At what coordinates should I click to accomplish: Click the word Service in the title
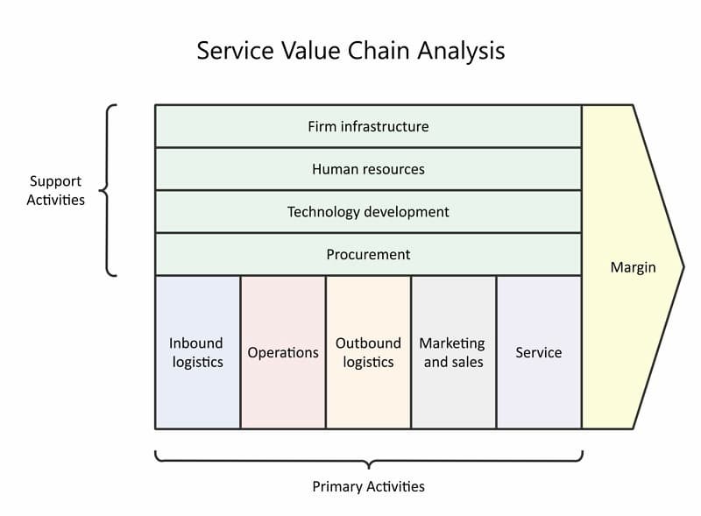[x=235, y=50]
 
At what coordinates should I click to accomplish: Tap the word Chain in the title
[x=379, y=50]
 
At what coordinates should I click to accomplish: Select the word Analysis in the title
[x=461, y=51]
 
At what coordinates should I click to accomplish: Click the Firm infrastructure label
[x=368, y=126]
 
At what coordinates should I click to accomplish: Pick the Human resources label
[x=368, y=169]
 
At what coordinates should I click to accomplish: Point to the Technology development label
[x=368, y=212]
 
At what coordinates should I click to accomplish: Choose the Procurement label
[x=368, y=254]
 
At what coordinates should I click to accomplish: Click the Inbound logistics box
[x=198, y=352]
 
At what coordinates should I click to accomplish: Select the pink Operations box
[x=283, y=352]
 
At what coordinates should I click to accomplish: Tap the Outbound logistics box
[x=368, y=352]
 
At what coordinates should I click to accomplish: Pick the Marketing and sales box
[x=454, y=352]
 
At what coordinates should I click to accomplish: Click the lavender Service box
[x=539, y=352]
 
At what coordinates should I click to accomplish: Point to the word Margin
[x=633, y=267]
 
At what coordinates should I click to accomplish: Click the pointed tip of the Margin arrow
[x=683, y=267]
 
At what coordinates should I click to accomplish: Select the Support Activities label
[x=55, y=190]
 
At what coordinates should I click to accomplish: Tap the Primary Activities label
[x=368, y=486]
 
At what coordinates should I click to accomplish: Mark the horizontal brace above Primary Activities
[x=369, y=461]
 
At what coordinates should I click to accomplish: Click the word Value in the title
[x=311, y=50]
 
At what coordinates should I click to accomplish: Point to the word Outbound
[x=368, y=343]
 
